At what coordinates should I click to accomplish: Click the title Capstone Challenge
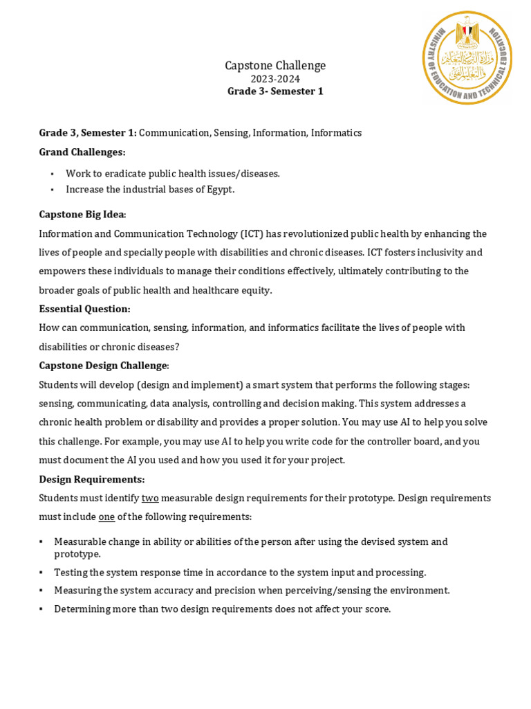275,66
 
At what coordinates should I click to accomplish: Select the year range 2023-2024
275,79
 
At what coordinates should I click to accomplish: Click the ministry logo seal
467,58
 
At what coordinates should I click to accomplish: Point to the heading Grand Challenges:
82,152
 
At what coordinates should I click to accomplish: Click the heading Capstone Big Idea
82,215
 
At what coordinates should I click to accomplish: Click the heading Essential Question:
84,309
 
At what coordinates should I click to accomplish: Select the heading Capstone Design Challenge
103,365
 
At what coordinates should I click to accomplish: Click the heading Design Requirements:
92,478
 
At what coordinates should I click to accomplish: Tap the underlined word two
150,498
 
